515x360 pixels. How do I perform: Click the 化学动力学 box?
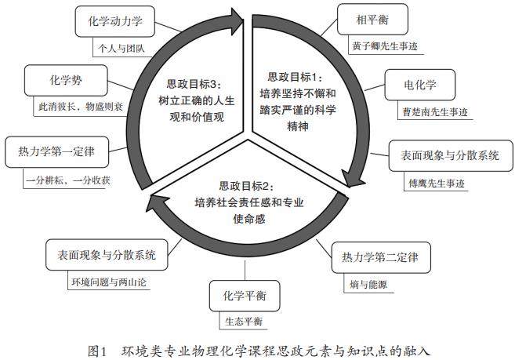pyautogui.click(x=115, y=23)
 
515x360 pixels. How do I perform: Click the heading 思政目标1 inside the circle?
pyautogui.click(x=296, y=77)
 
